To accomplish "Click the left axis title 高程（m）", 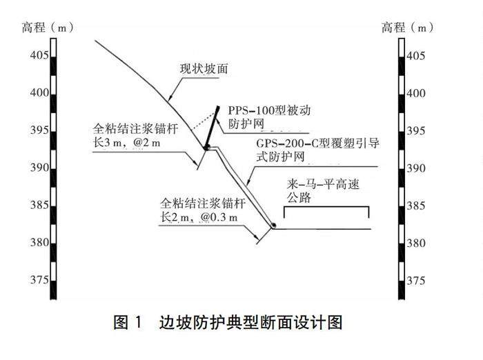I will (48, 28).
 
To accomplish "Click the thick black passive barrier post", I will (213, 126).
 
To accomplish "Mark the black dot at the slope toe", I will (274, 226).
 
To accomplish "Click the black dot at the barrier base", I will (206, 148).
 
